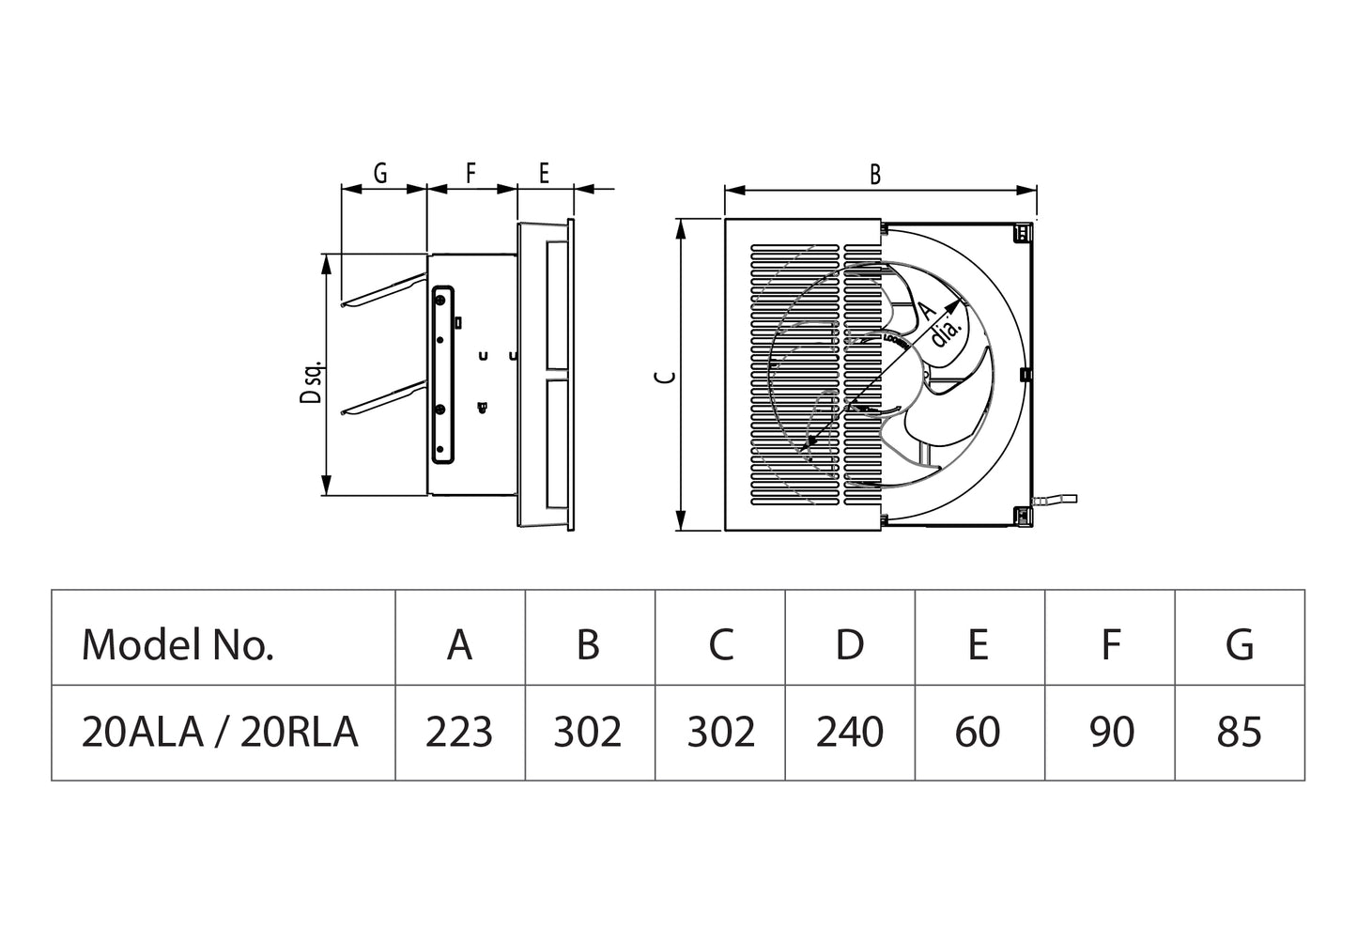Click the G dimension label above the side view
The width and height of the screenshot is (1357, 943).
(x=380, y=173)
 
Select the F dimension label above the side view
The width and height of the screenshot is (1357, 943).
(x=471, y=173)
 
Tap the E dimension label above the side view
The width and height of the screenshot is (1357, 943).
(x=544, y=173)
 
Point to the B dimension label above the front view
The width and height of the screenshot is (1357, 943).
(x=875, y=175)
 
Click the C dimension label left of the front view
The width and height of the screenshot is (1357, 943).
(x=665, y=376)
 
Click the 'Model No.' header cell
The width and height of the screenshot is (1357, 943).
(x=177, y=644)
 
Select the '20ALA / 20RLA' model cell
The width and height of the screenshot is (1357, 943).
(x=220, y=732)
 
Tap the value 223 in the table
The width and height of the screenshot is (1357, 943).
(x=459, y=732)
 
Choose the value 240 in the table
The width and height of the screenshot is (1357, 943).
(x=849, y=732)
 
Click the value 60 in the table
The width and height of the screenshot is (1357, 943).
(x=978, y=732)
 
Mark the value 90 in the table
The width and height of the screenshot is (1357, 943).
(x=1111, y=732)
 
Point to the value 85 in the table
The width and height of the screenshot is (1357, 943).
(x=1239, y=732)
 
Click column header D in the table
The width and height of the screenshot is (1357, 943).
(x=849, y=644)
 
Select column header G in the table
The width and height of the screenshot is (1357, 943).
(x=1240, y=644)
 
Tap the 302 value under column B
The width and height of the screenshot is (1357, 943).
(x=588, y=732)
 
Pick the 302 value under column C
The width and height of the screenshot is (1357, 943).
(x=720, y=732)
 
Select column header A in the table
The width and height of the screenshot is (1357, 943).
(x=459, y=644)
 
